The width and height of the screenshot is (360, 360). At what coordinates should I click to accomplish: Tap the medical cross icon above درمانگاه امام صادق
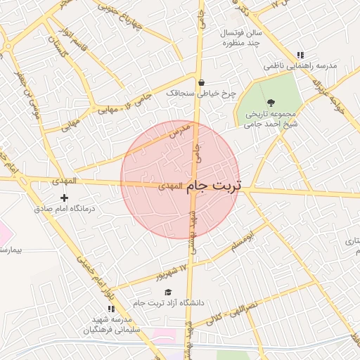(65, 198)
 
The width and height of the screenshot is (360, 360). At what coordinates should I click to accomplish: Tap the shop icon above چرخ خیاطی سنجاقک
(201, 82)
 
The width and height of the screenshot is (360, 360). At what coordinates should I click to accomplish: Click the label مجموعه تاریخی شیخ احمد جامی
(272, 117)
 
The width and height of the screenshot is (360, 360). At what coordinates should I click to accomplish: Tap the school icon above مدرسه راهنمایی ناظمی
(300, 55)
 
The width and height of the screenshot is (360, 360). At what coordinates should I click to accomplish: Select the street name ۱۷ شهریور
(174, 269)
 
